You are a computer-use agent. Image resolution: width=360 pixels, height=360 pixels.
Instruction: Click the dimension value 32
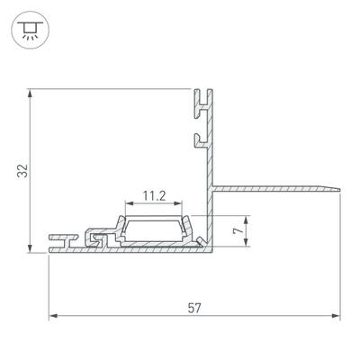pos(22,171)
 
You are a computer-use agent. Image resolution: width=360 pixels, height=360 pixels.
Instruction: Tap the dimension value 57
pos(194,308)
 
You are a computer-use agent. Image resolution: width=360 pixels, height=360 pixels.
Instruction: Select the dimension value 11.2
pos(154,196)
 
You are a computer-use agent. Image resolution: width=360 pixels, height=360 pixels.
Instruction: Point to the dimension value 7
pos(238,230)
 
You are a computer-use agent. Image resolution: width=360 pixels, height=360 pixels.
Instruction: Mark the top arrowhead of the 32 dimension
pos(30,93)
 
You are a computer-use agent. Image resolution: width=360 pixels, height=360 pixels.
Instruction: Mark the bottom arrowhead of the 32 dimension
pos(30,248)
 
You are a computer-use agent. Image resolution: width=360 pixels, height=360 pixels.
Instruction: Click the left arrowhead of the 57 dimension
pos(53,316)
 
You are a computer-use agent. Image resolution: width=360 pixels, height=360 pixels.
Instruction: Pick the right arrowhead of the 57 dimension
pos(337,316)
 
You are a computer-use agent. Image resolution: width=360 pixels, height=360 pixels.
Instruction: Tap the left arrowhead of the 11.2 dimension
pos(130,203)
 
